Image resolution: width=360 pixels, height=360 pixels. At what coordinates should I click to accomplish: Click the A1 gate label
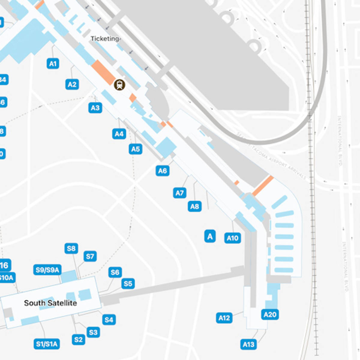(53, 64)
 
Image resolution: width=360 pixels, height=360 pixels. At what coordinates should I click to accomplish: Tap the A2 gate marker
(72, 84)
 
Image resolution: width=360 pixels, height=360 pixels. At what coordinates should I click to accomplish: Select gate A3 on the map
(95, 108)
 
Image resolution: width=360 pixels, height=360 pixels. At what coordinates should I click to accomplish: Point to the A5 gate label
(136, 149)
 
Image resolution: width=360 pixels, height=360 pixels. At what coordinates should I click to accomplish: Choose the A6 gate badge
(162, 171)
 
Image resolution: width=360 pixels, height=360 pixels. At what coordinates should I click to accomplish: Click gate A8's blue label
(195, 206)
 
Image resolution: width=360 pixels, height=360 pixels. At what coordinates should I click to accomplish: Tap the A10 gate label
(232, 238)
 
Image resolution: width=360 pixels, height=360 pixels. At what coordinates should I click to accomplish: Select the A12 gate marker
(224, 318)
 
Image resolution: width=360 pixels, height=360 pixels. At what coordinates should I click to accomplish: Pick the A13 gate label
(248, 344)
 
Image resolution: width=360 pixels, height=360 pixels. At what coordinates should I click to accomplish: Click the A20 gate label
(270, 314)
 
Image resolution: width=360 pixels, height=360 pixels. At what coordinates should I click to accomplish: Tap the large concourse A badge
(210, 236)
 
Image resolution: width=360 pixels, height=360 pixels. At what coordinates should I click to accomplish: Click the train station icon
(120, 85)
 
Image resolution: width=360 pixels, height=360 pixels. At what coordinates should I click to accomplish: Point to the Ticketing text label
(105, 39)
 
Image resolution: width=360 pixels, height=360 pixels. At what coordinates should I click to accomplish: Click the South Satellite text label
(50, 303)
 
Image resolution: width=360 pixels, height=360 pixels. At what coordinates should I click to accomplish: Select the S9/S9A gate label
(47, 270)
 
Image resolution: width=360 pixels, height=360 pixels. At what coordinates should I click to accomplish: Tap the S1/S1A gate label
(46, 344)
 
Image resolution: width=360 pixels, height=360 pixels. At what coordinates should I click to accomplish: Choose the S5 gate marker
(128, 283)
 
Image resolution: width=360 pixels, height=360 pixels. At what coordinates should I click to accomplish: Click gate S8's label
(71, 248)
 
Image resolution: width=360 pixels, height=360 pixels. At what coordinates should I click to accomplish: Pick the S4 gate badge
(109, 320)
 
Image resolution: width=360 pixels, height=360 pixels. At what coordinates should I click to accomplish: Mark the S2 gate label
(78, 340)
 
